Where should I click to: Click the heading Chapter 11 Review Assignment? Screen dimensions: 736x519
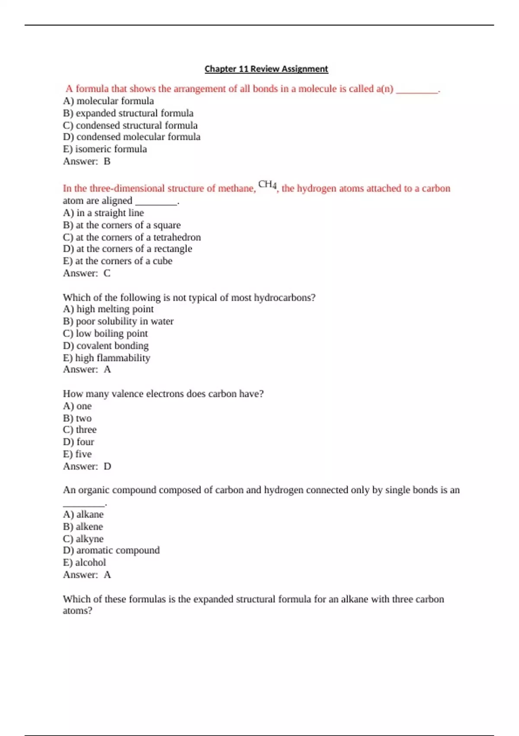point(266,69)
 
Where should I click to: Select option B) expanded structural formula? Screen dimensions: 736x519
point(128,113)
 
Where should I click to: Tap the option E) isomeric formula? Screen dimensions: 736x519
point(105,149)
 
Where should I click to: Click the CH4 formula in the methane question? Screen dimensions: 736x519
point(267,185)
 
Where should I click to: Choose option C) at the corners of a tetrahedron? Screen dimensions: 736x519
point(132,237)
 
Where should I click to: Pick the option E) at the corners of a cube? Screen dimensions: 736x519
point(118,261)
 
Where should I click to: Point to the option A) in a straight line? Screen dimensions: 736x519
point(103,213)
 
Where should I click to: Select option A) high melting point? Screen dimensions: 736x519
point(108,309)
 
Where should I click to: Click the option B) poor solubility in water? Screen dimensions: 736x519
point(118,321)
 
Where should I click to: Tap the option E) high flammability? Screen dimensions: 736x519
point(106,358)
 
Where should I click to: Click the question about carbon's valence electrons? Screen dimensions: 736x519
point(163,394)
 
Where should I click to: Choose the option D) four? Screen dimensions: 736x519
point(78,442)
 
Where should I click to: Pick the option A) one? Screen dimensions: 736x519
point(77,406)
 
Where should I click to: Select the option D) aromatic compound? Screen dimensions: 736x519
point(111,550)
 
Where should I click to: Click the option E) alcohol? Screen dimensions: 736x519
point(84,562)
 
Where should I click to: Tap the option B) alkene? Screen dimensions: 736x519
point(83,526)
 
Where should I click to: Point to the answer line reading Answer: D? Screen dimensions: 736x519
point(87,466)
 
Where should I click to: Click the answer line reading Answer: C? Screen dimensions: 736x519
point(86,273)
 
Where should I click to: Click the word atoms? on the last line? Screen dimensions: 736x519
point(77,611)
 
